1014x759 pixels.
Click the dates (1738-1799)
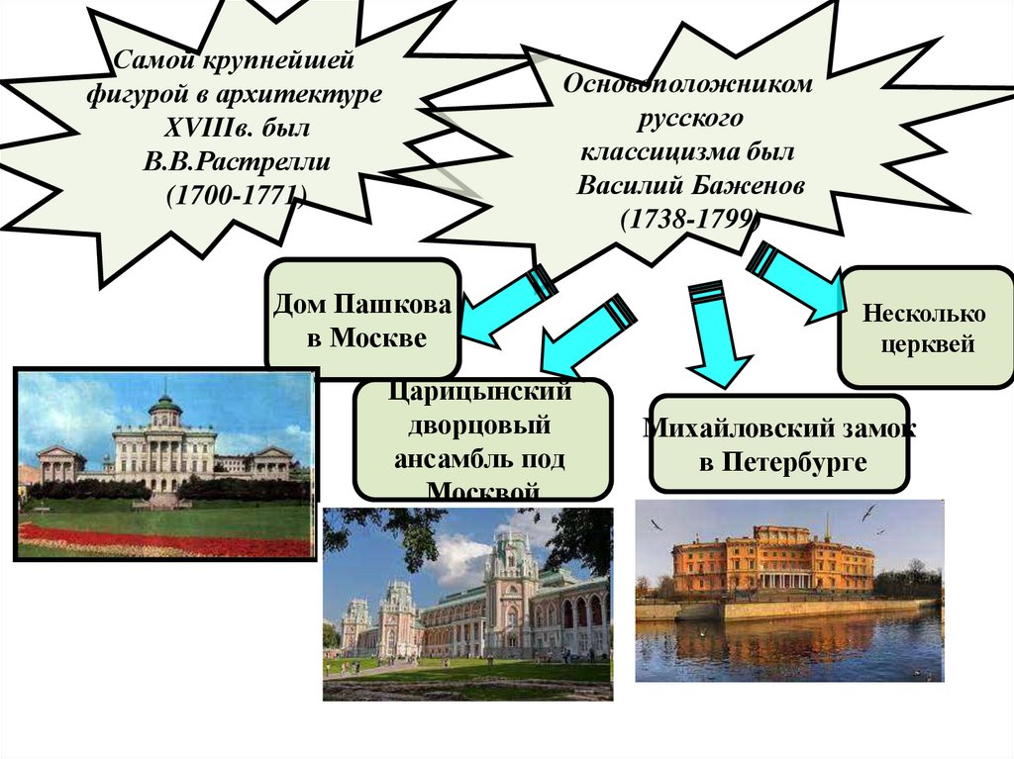[688, 219]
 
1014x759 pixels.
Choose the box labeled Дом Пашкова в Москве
[362, 321]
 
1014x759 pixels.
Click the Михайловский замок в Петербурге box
[778, 445]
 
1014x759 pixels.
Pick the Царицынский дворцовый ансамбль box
[482, 440]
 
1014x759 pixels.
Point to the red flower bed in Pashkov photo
[158, 541]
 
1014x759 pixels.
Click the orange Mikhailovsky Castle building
[772, 564]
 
